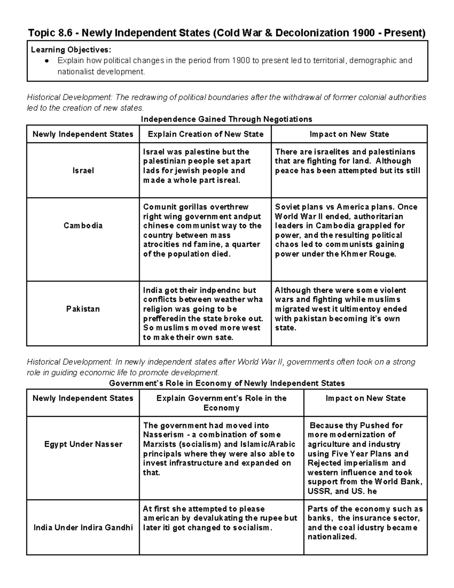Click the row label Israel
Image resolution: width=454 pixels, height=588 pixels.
83,171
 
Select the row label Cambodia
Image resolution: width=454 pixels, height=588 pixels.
83,226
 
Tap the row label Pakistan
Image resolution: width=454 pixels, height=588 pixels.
83,309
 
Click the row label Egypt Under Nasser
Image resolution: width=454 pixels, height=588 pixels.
83,444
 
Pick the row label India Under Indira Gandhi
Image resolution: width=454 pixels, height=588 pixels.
83,527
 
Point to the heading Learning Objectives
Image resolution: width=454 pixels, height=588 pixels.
71,50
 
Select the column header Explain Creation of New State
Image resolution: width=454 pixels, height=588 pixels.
205,134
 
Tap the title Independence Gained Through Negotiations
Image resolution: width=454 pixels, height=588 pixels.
226,119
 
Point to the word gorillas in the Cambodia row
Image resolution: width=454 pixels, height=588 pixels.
193,207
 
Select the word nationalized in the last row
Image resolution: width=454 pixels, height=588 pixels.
332,537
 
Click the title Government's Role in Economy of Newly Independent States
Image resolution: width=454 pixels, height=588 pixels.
227,383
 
